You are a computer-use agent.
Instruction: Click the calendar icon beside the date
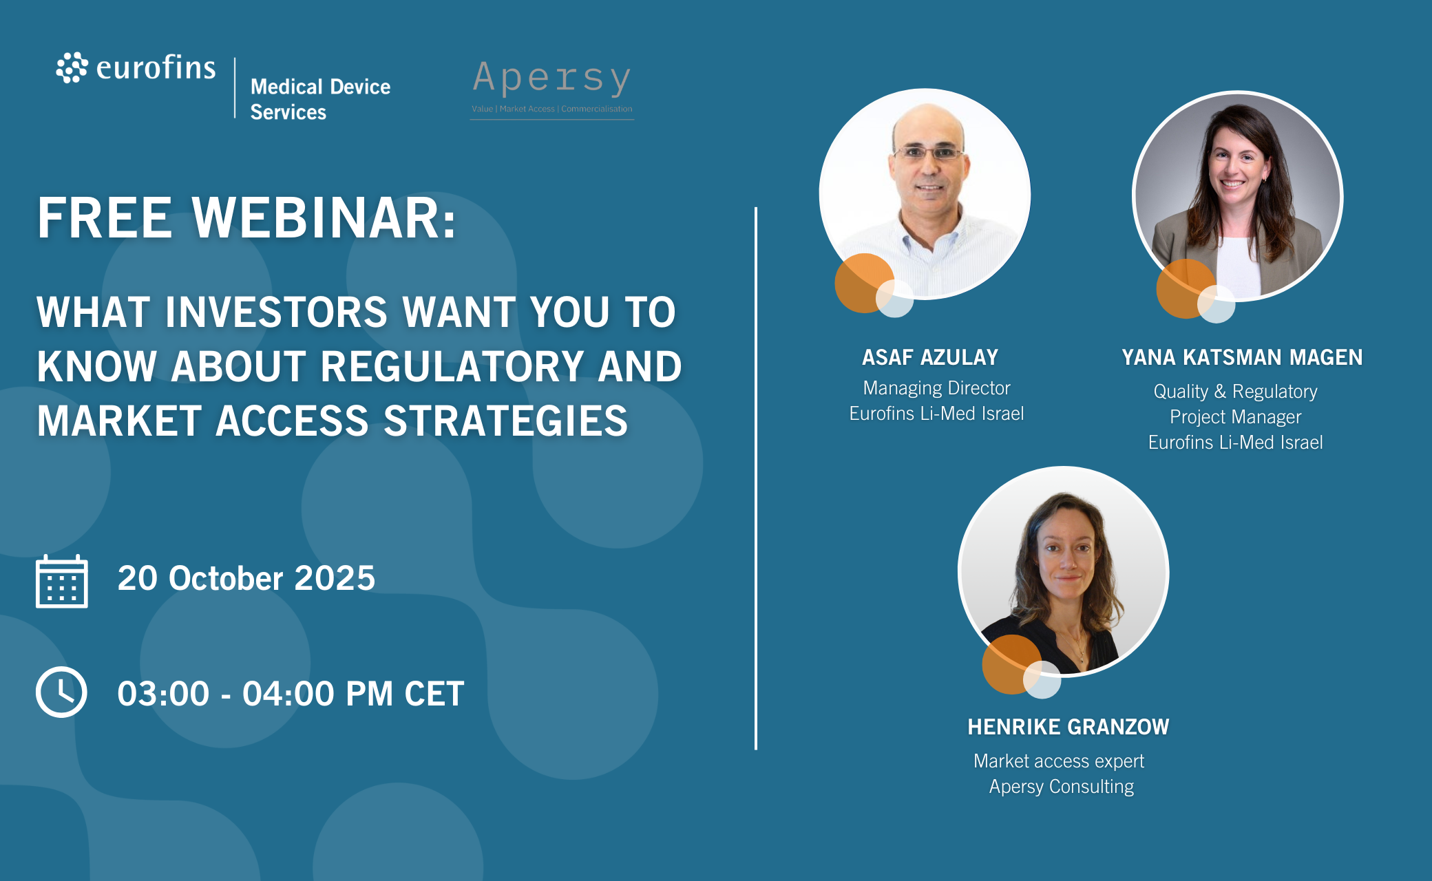(x=62, y=582)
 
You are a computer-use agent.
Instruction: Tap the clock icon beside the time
(x=61, y=692)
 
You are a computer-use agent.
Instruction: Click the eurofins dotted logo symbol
(x=72, y=67)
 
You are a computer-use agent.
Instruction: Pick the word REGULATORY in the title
(x=452, y=366)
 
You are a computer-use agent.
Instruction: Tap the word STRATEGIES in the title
(x=505, y=421)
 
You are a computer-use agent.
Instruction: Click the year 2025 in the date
(x=335, y=578)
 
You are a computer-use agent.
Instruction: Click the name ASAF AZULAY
(x=930, y=357)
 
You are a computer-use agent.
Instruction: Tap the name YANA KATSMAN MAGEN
(x=1242, y=357)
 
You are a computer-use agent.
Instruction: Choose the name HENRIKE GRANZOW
(x=1068, y=727)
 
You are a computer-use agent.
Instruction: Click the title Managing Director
(x=936, y=388)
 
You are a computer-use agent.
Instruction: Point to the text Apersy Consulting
(x=1061, y=787)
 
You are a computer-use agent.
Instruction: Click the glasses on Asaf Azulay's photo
(x=928, y=152)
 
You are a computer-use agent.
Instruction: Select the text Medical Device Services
(x=320, y=99)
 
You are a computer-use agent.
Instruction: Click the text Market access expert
(x=1059, y=761)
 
